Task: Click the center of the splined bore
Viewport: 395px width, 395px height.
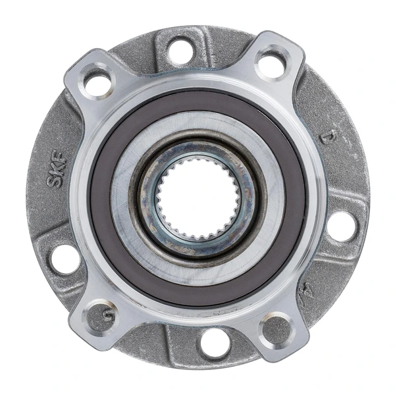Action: coord(197,197)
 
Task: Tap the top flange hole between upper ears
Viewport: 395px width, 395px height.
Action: coord(180,50)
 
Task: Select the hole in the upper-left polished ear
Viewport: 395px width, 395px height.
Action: coord(97,83)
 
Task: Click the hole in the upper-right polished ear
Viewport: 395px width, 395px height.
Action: coord(271,65)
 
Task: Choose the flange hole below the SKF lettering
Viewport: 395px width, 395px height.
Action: coord(65,258)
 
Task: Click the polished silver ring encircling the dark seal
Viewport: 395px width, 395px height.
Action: coord(197,84)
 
